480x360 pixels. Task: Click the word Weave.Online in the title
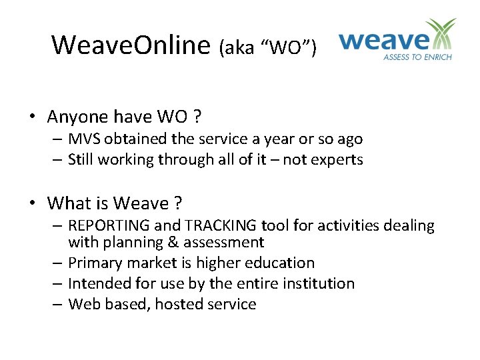pos(131,45)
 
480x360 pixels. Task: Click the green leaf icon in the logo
pos(441,35)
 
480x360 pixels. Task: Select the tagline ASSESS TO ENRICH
pos(417,57)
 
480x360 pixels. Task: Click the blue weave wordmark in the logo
pos(384,41)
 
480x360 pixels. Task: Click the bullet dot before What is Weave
pos(33,203)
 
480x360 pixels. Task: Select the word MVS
pos(84,139)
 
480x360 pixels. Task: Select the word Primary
pos(94,263)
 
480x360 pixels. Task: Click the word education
pos(277,263)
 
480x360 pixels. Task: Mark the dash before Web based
pos(59,305)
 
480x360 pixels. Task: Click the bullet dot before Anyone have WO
pos(33,117)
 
